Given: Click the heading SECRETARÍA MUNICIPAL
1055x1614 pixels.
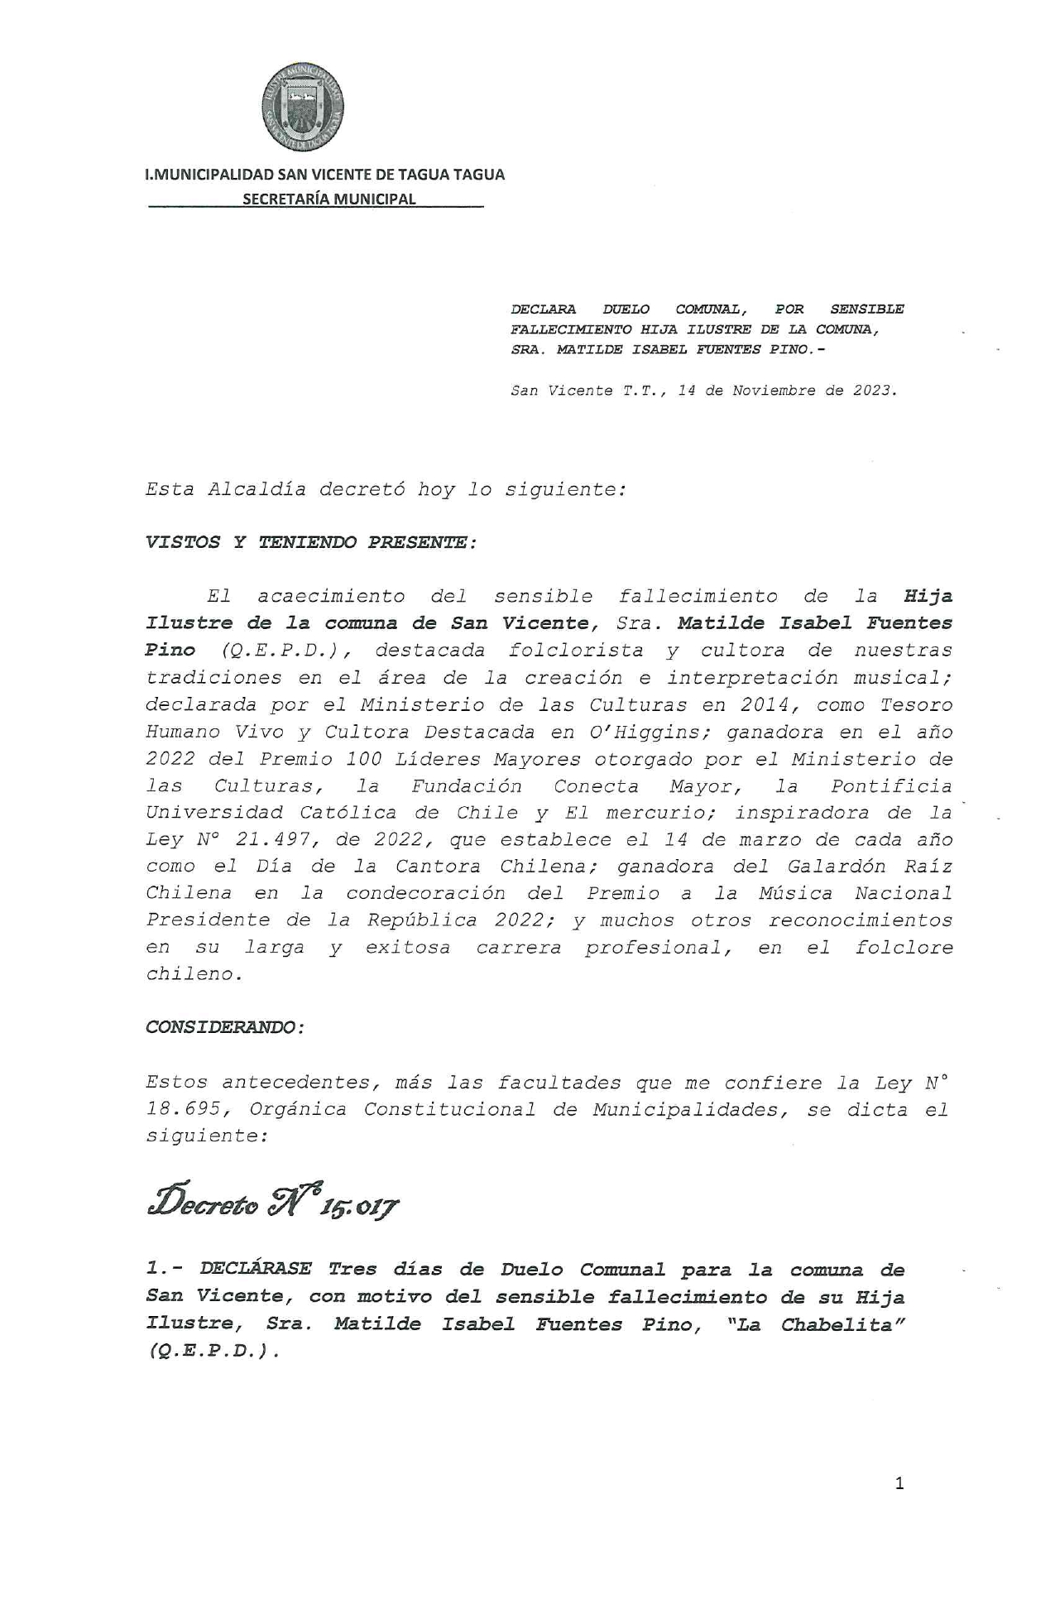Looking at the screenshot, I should [x=328, y=199].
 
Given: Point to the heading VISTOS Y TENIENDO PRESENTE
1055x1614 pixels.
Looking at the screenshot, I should [x=310, y=543].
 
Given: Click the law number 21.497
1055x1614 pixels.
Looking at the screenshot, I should [x=276, y=840].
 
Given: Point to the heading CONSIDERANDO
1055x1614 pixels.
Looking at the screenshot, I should [x=224, y=1028].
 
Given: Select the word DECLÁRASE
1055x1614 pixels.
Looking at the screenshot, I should [x=256, y=1269].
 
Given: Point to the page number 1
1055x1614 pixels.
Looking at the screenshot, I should [x=899, y=1483].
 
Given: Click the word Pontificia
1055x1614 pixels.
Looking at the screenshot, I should [x=891, y=786].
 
